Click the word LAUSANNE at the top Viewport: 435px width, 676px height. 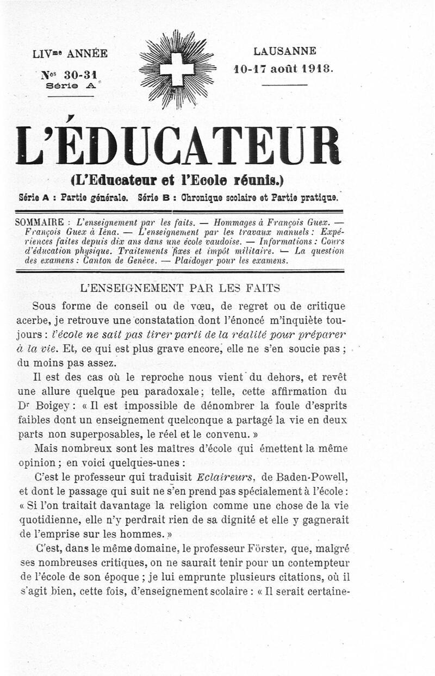[284, 52]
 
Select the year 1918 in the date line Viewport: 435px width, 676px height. [317, 69]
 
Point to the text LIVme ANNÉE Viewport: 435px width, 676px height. [70, 53]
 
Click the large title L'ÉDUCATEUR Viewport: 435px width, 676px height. [178, 145]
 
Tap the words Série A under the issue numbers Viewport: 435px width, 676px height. [71, 85]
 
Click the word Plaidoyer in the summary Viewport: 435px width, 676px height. [201, 261]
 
